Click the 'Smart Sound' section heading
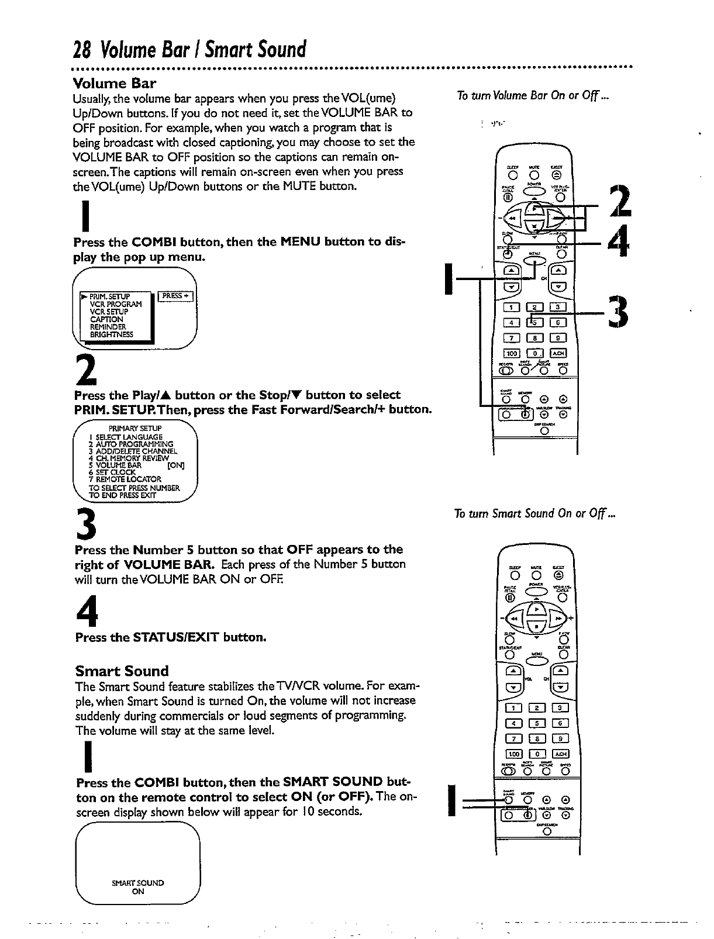pyautogui.click(x=122, y=671)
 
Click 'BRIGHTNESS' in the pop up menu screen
pyautogui.click(x=111, y=335)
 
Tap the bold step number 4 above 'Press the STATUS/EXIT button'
pyautogui.click(x=86, y=612)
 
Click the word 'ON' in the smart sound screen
pyautogui.click(x=138, y=892)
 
